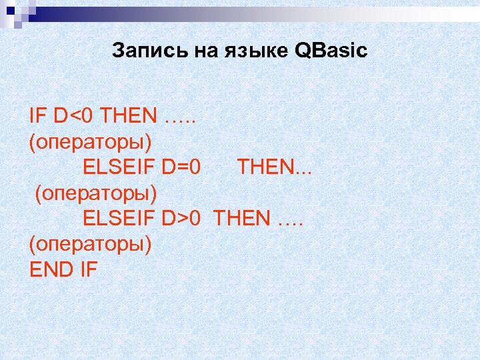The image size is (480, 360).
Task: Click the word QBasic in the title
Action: click(x=331, y=51)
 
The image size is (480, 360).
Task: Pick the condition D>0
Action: click(x=181, y=218)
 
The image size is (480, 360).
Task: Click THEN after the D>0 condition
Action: click(x=243, y=218)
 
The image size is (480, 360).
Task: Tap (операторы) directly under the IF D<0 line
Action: click(x=90, y=141)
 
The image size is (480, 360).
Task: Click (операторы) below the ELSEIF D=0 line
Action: click(x=96, y=193)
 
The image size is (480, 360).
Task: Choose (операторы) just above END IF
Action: click(x=90, y=244)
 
